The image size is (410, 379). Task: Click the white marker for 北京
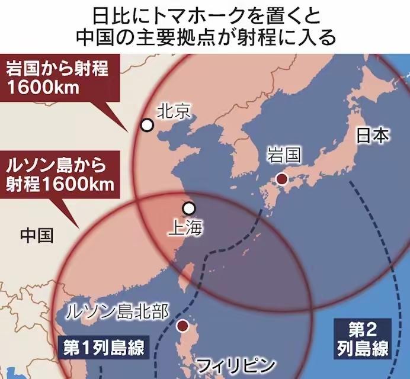coord(147,125)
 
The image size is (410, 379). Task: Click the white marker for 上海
coord(189,208)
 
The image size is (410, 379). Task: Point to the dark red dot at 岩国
coord(283,179)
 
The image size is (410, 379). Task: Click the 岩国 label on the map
coord(283,156)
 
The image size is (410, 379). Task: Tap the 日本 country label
coord(373,136)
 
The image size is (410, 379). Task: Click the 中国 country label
coord(36,235)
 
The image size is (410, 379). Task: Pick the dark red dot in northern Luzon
coord(183,326)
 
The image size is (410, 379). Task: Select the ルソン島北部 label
coord(118,310)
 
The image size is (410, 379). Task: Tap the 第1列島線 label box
coord(102,348)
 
